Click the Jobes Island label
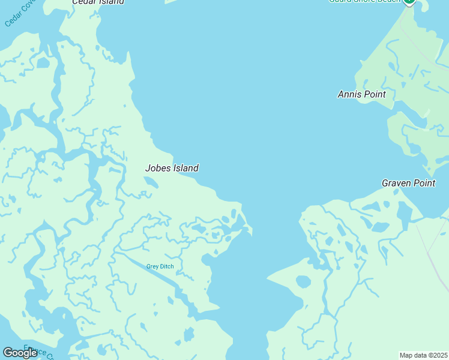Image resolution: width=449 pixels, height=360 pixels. pyautogui.click(x=172, y=169)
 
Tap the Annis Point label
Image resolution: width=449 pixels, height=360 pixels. pyautogui.click(x=361, y=94)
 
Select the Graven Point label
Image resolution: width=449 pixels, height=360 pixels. pyautogui.click(x=408, y=183)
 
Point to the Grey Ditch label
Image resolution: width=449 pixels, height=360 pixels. pyautogui.click(x=159, y=266)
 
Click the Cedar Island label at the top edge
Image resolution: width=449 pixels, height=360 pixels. pyautogui.click(x=98, y=2)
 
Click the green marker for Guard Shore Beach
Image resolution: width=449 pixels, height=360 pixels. pyautogui.click(x=409, y=1)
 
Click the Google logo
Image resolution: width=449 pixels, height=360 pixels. pyautogui.click(x=20, y=353)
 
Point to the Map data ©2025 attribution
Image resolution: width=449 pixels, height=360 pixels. pyautogui.click(x=423, y=355)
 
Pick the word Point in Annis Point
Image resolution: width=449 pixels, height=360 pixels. pyautogui.click(x=373, y=94)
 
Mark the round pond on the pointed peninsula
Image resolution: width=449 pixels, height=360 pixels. pyautogui.click(x=303, y=281)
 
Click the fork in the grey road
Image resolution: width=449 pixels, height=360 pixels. pyautogui.click(x=429, y=252)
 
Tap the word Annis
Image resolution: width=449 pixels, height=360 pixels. pyautogui.click(x=349, y=94)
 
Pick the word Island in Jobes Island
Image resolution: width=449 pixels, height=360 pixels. pyautogui.click(x=185, y=169)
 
